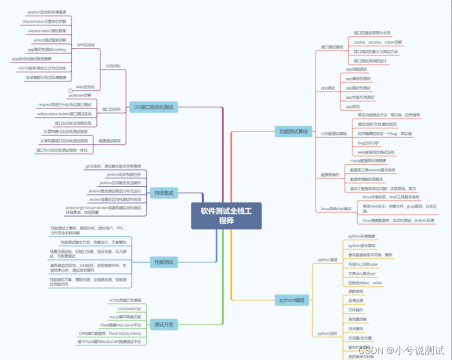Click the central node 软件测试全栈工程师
coord(226,215)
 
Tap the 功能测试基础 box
coord(293,131)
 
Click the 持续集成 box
coord(164,192)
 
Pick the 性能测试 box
coord(164,261)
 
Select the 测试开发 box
coord(164,324)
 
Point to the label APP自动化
coord(85,44)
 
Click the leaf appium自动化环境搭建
coord(48,11)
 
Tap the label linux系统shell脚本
coord(336,208)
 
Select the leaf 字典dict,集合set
coord(361,273)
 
